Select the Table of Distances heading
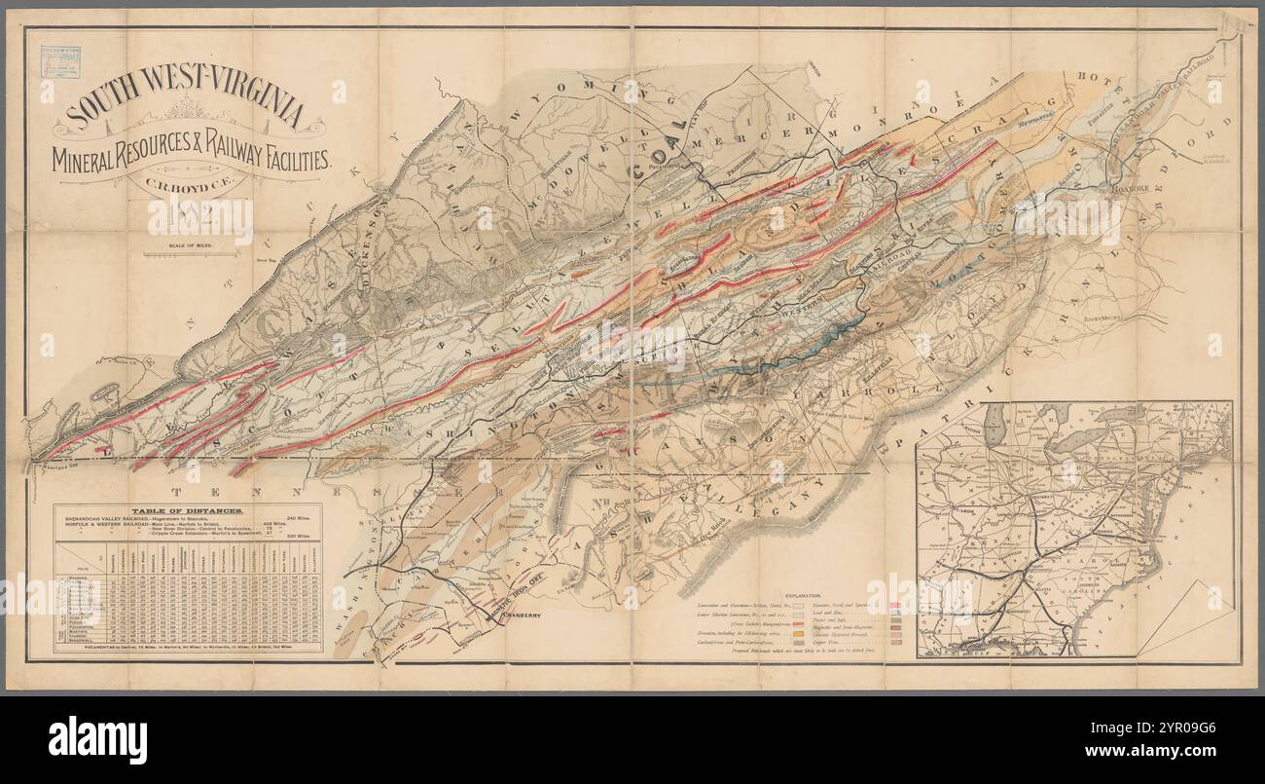[x=188, y=510]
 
